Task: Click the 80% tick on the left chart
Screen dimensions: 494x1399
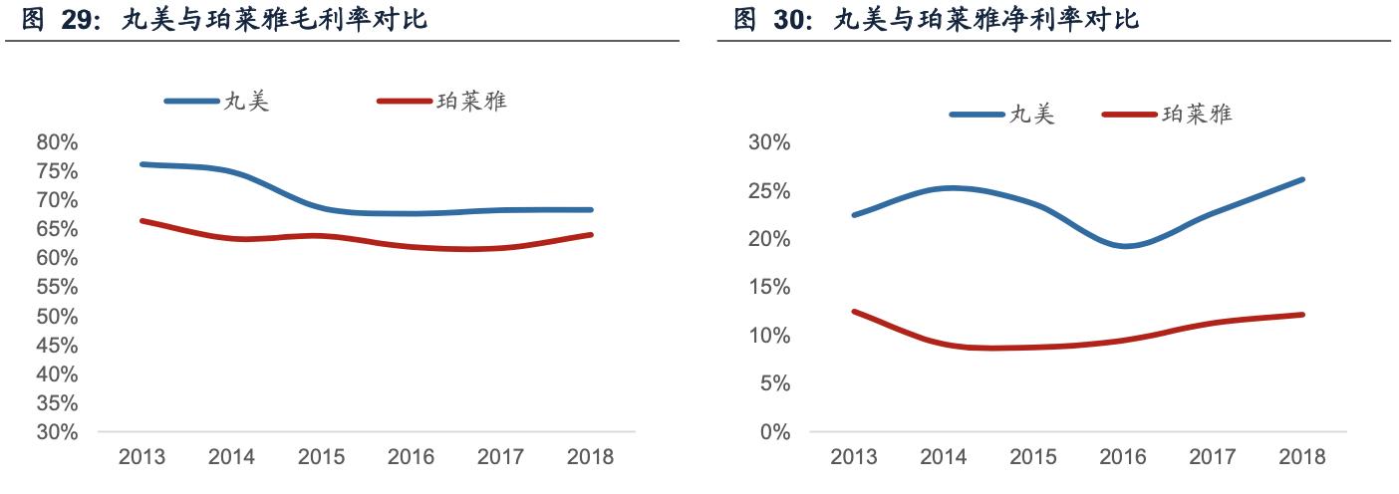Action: click(57, 142)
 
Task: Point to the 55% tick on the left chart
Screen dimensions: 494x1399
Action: click(57, 288)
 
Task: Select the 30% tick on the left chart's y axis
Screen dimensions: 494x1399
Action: click(57, 433)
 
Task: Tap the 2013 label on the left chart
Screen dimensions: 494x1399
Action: click(142, 458)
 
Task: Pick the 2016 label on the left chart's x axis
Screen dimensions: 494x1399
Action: click(411, 458)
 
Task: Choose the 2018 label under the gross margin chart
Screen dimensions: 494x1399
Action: click(590, 458)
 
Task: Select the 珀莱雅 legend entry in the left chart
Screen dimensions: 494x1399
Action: click(471, 102)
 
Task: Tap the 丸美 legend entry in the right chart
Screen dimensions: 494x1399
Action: click(1031, 115)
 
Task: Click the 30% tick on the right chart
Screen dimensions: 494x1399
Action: click(768, 143)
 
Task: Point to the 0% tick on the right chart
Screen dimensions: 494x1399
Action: click(774, 433)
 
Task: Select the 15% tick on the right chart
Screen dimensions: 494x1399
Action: click(768, 288)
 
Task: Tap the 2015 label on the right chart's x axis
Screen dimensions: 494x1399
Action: click(1033, 458)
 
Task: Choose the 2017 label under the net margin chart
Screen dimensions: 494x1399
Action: click(1213, 458)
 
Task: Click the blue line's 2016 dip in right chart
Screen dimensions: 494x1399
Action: click(1124, 246)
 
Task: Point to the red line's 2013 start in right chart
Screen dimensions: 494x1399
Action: click(854, 312)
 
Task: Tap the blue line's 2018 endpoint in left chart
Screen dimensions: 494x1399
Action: click(591, 210)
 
